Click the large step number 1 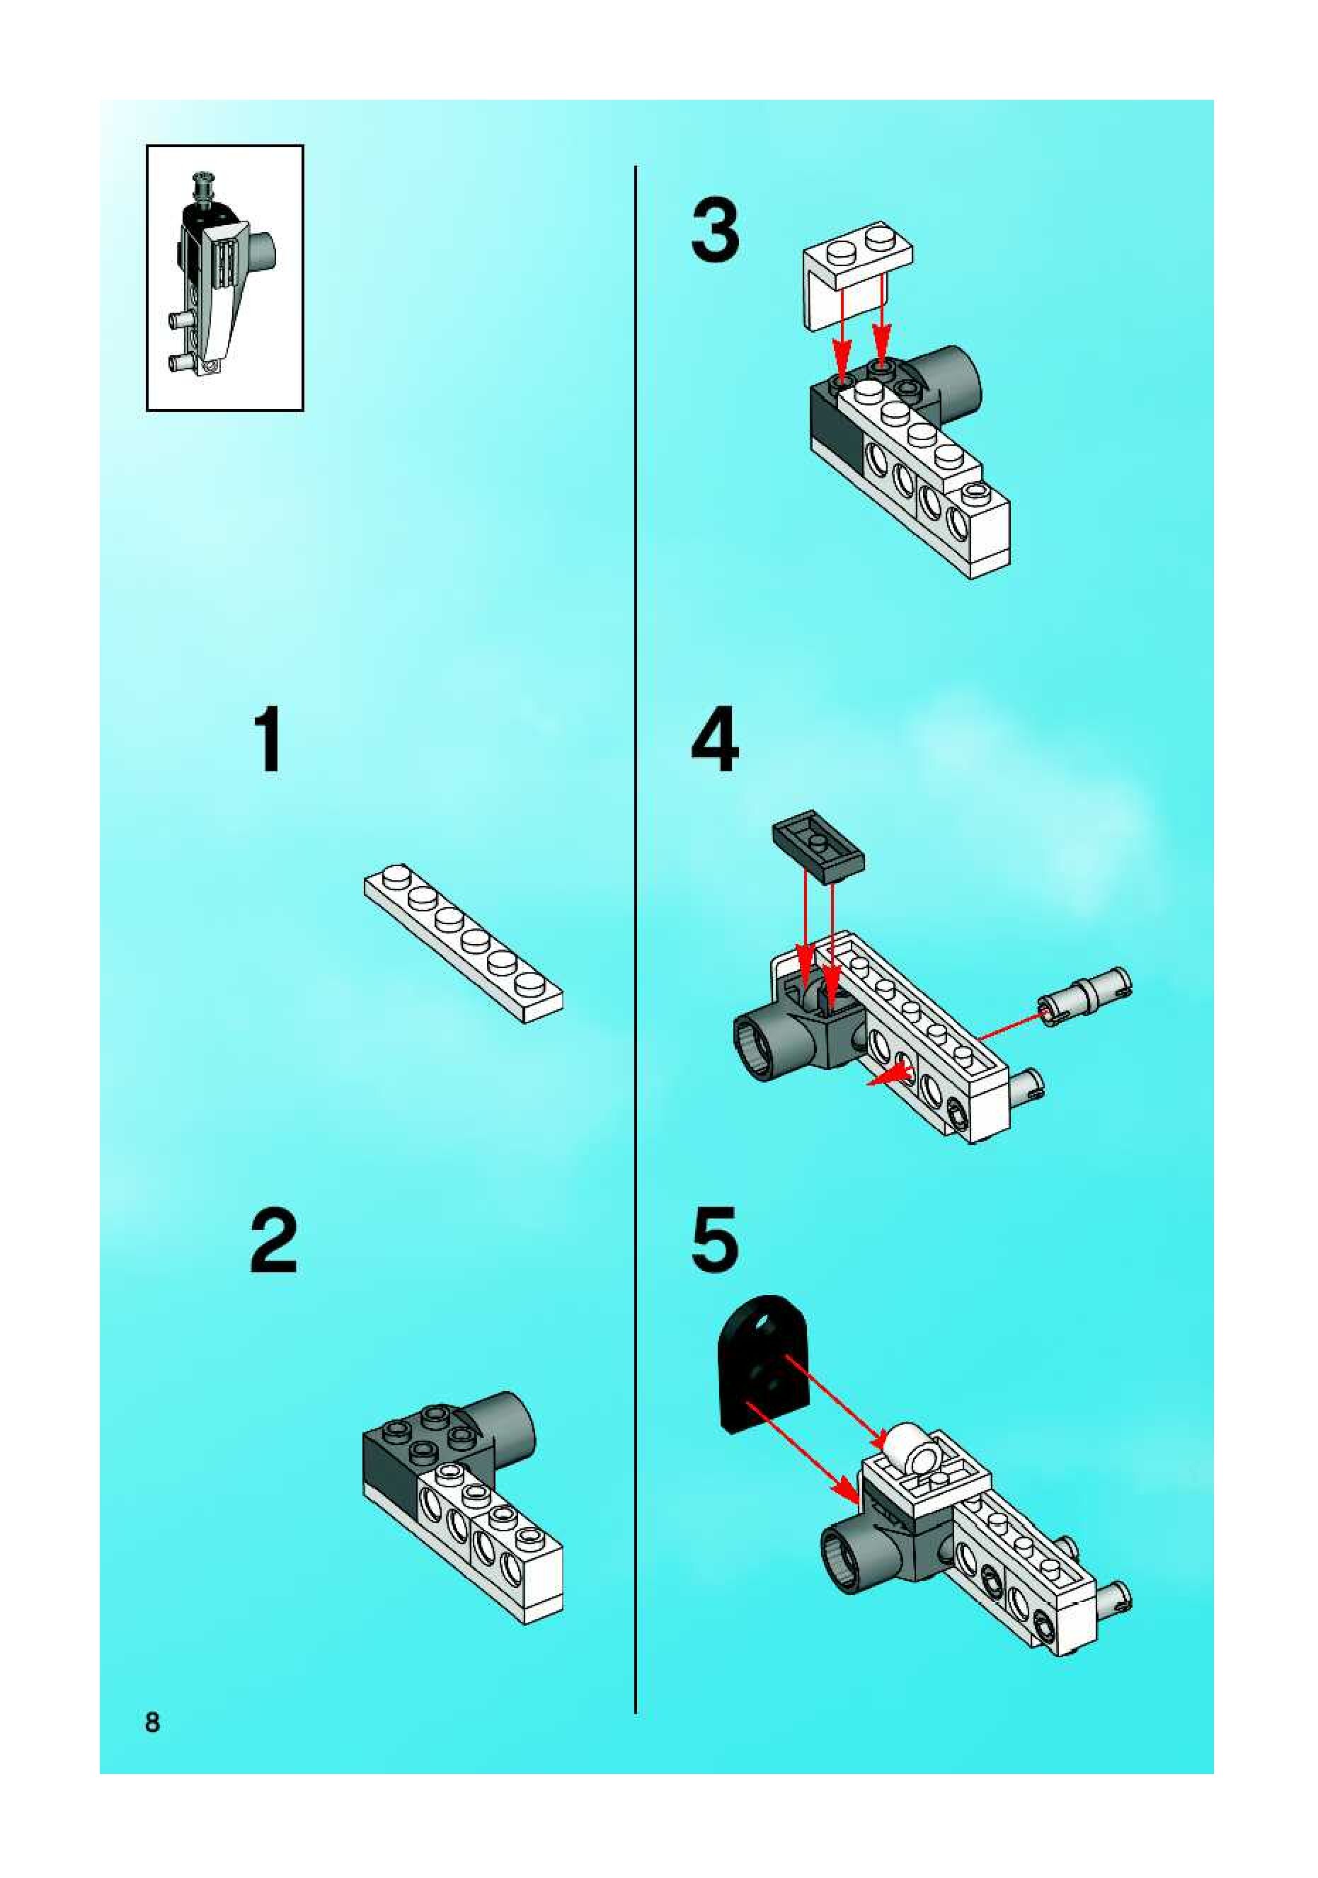269,741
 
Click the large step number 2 273,1241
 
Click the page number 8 152,1722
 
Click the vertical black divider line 636,940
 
